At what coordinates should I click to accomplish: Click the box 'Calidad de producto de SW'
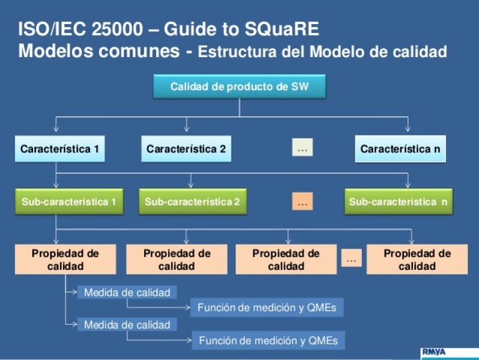[238, 87]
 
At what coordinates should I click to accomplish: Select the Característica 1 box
[59, 149]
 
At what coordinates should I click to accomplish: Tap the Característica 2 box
[186, 149]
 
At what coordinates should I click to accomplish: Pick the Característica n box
[400, 149]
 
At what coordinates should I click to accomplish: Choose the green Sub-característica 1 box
[68, 202]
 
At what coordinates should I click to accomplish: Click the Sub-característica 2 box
[192, 202]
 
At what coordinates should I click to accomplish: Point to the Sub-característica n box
[400, 202]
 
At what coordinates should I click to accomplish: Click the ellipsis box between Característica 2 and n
[302, 149]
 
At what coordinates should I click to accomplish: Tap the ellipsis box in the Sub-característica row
[302, 202]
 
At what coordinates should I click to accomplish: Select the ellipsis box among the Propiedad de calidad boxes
[351, 259]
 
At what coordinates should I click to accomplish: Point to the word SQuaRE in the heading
[282, 29]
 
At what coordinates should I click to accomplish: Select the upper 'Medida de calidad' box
[127, 292]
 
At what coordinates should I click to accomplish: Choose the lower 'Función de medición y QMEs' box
[268, 340]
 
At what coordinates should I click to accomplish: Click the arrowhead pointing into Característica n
[408, 129]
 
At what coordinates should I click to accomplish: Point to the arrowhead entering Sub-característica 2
[191, 184]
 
